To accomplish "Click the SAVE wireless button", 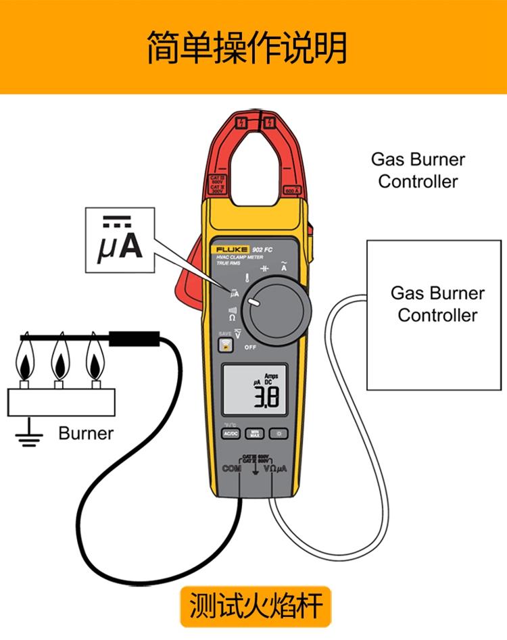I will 224,345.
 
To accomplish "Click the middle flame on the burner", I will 59,359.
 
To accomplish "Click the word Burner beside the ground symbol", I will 86,433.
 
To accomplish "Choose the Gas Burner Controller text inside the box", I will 437,304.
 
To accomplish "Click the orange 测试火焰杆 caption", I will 256,606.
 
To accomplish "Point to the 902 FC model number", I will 262,248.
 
